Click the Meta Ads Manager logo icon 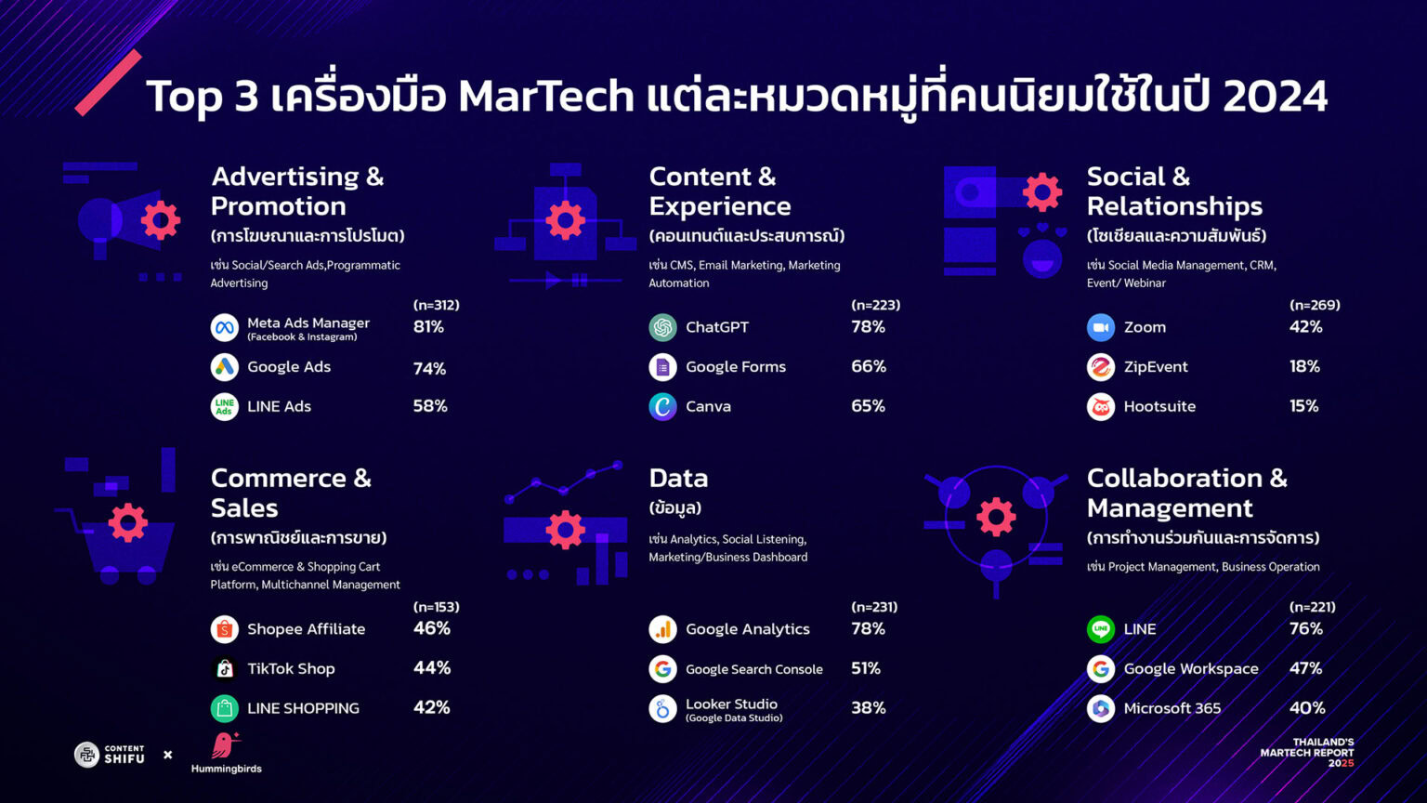pos(224,327)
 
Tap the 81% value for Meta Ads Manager pos(428,327)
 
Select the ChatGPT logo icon pos(662,327)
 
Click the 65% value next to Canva pos(868,406)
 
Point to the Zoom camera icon pos(1101,327)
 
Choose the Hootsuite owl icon pos(1101,406)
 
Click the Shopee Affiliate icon pos(224,629)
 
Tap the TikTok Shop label pos(291,668)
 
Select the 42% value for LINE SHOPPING pos(432,707)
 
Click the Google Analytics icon pos(662,629)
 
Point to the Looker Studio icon pos(662,709)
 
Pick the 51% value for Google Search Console pos(866,668)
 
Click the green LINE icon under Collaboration pos(1101,629)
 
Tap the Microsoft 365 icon pos(1101,709)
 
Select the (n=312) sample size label pos(437,305)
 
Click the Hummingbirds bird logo pos(225,745)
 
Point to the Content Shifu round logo pos(86,756)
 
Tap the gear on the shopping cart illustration pos(128,522)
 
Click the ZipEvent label pos(1156,366)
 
